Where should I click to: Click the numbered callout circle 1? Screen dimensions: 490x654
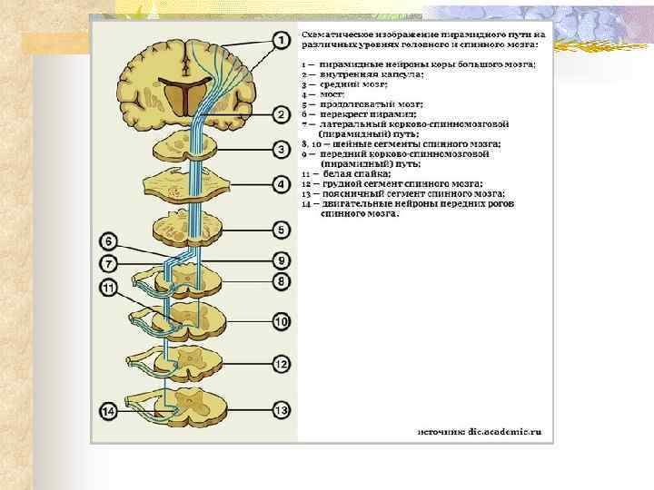tap(282, 40)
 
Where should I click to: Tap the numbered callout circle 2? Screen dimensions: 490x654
tap(282, 115)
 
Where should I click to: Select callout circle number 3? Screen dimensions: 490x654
tap(282, 150)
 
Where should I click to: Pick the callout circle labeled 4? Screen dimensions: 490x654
tap(282, 185)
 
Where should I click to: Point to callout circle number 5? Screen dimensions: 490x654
tap(282, 230)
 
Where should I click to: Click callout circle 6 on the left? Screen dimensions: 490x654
tap(108, 242)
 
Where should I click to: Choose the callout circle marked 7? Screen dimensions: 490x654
tap(108, 264)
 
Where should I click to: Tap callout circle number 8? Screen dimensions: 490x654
tap(282, 282)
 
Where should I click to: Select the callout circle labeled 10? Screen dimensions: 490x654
tap(282, 321)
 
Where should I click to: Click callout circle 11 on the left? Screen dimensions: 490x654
tap(108, 289)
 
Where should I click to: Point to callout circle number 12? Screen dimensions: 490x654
tap(282, 365)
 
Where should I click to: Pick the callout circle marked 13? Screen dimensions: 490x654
tap(282, 411)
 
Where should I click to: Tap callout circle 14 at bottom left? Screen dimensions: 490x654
tap(108, 412)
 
